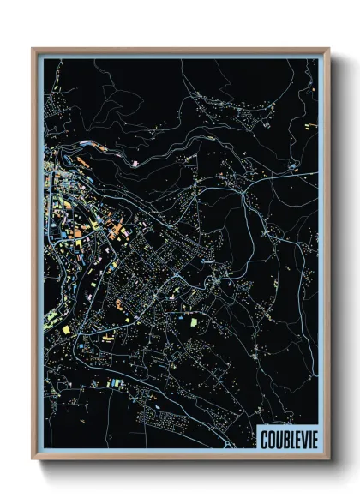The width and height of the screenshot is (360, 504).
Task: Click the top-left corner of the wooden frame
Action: (x=33, y=49)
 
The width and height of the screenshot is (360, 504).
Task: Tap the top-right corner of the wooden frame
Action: (x=329, y=49)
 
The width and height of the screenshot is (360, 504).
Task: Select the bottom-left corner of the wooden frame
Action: (x=33, y=460)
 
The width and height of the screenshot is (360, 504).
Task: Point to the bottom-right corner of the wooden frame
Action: (x=329, y=460)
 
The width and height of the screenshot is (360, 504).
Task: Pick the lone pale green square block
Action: (x=193, y=321)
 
